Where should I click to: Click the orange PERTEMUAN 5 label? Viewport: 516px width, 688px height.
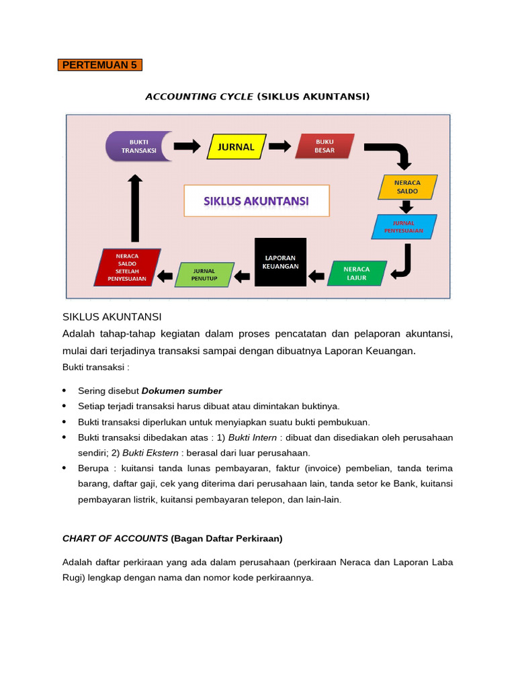99,65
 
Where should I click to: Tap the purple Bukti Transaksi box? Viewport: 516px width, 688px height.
139,146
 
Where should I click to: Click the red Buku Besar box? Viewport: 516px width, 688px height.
325,146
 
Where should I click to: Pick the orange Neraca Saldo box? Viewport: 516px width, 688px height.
407,187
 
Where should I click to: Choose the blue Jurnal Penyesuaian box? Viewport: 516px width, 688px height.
404,226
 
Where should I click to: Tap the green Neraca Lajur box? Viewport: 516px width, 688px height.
357,273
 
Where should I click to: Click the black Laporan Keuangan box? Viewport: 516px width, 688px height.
280,262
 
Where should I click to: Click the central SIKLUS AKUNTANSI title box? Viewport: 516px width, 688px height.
257,201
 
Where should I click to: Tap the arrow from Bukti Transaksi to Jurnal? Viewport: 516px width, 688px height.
187,146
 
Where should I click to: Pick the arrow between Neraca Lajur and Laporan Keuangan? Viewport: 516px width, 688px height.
316,274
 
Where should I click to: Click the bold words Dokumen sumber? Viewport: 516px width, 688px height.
181,390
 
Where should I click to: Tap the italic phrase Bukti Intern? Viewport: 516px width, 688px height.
253,437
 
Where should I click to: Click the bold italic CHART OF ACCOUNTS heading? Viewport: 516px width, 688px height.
115,538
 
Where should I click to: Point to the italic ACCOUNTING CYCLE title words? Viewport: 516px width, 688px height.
200,97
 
